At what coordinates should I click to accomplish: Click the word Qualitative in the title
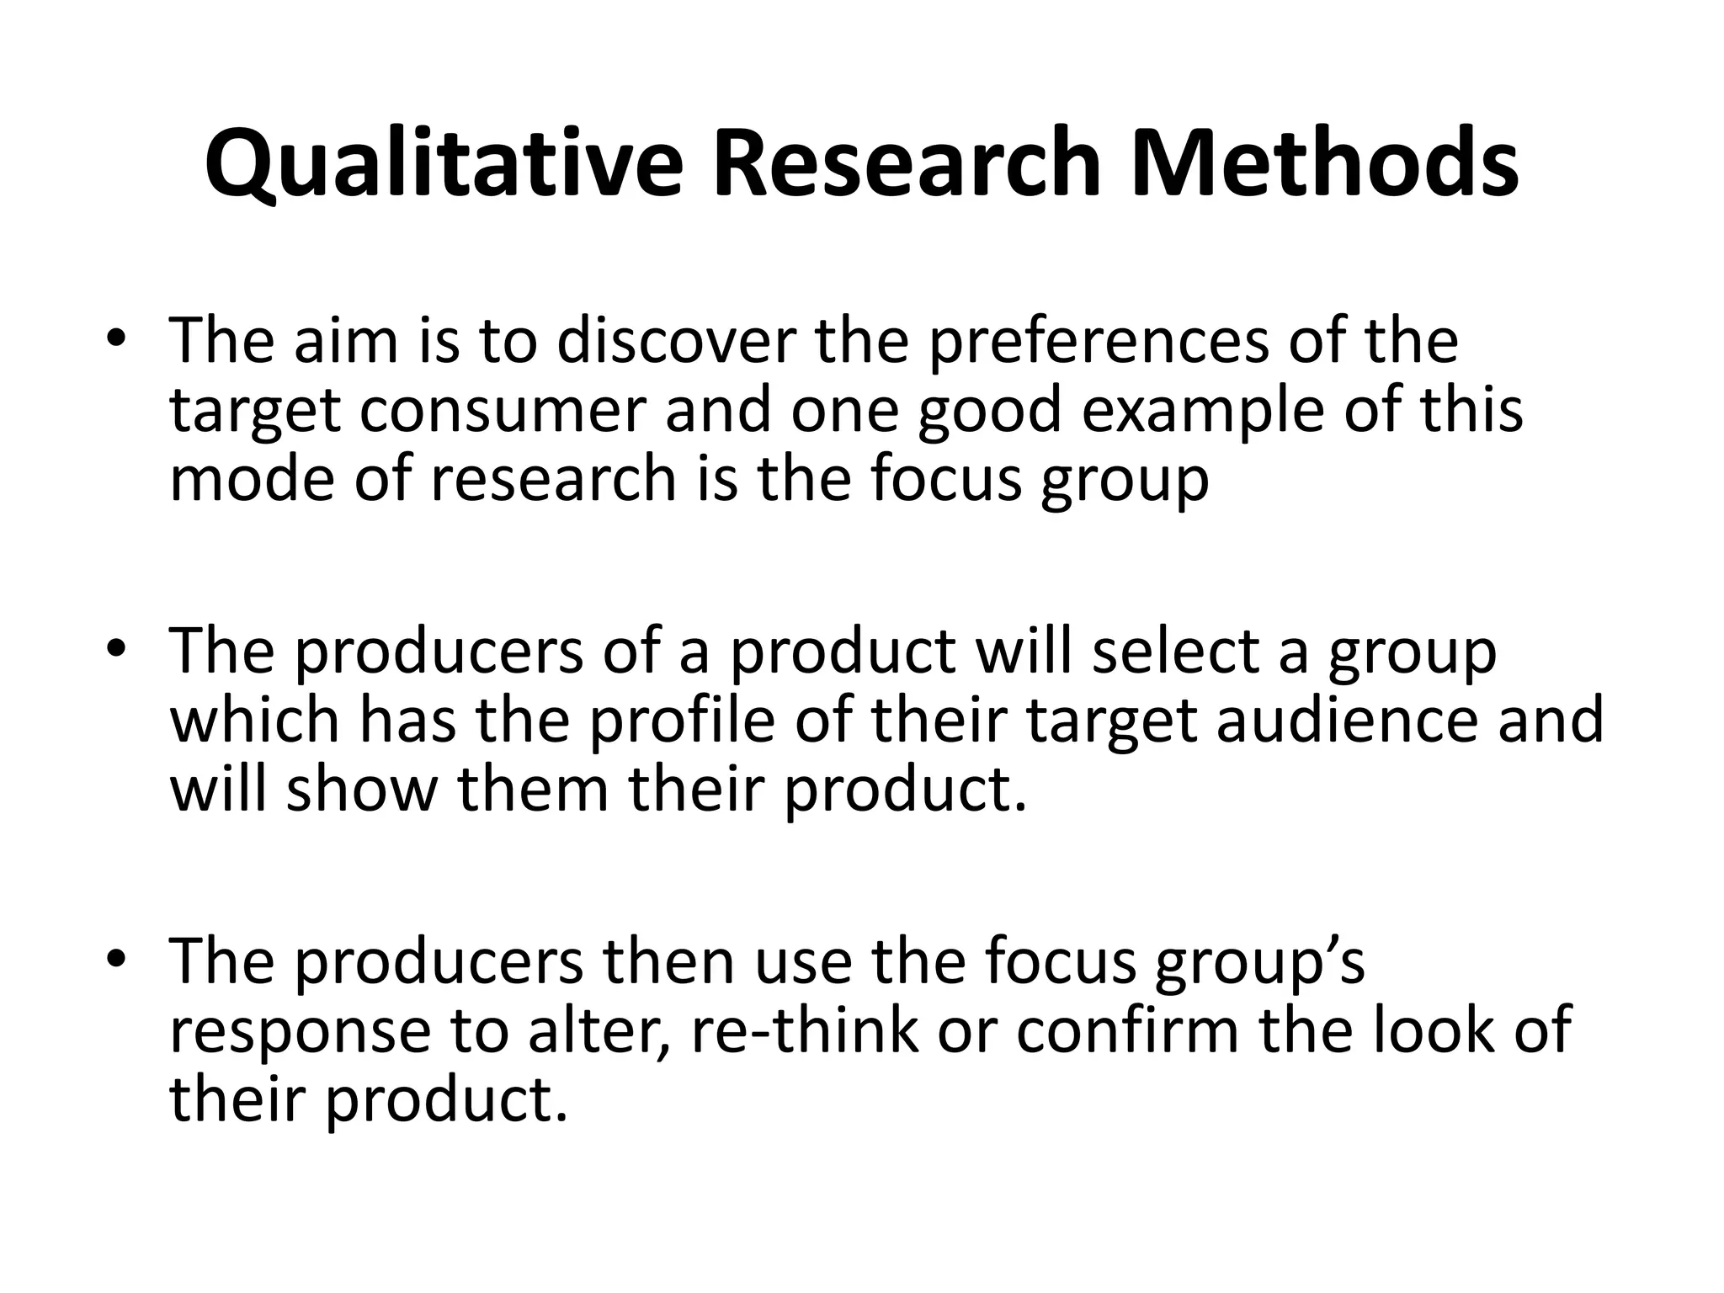(443, 163)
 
